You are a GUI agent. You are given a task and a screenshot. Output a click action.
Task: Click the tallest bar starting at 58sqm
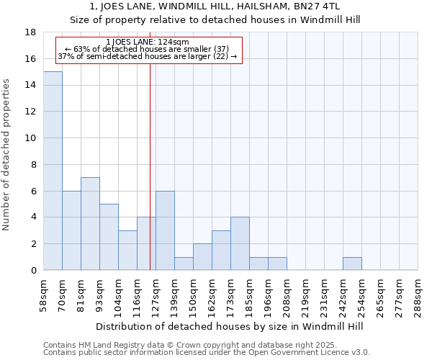[x=53, y=171]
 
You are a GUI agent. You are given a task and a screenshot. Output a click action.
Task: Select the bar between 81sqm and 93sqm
[x=90, y=224]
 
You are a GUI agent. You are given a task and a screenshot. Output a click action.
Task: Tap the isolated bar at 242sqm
[x=352, y=264]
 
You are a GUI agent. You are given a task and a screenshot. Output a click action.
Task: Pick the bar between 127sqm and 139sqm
[x=165, y=230]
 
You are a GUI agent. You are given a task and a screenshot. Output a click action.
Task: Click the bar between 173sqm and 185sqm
[x=240, y=243]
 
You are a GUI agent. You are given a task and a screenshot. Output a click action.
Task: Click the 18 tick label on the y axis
[x=31, y=32]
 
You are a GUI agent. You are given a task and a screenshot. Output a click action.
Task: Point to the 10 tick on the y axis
[x=31, y=138]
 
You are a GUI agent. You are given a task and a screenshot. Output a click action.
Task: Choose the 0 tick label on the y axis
[x=34, y=271]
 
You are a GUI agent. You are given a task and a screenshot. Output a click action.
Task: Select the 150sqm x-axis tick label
[x=193, y=294]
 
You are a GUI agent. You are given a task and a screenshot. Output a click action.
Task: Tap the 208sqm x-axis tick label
[x=287, y=294]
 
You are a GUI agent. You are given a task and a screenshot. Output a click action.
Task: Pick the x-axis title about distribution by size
[x=230, y=326]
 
